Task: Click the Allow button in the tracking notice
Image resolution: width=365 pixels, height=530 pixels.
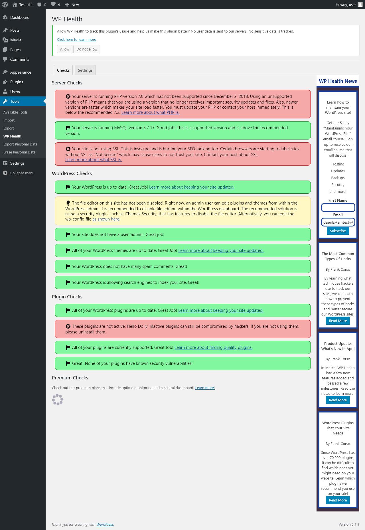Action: click(65, 49)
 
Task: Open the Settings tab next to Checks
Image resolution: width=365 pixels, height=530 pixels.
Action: click(85, 70)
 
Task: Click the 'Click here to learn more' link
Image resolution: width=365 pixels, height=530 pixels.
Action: click(76, 40)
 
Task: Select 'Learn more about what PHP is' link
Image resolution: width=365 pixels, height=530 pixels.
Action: click(150, 112)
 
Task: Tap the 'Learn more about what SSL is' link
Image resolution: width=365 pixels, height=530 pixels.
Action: click(94, 160)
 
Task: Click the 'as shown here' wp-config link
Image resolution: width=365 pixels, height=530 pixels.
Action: click(106, 219)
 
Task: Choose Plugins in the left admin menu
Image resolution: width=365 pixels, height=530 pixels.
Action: click(17, 82)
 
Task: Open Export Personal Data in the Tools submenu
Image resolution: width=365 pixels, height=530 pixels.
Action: click(20, 144)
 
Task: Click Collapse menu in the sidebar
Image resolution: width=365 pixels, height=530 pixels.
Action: click(22, 173)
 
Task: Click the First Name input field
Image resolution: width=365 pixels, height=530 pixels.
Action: click(338, 207)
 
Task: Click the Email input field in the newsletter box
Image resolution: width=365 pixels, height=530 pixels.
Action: click(338, 222)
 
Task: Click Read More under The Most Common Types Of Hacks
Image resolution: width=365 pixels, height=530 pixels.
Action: click(338, 321)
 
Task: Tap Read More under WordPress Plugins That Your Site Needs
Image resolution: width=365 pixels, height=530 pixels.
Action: click(338, 500)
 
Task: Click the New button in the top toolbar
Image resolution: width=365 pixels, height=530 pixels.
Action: click(72, 5)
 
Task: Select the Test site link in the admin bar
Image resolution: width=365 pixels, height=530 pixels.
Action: click(23, 5)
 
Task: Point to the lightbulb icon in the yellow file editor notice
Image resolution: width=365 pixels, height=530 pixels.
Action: click(68, 203)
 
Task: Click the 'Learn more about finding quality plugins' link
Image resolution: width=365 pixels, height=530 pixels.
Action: click(213, 347)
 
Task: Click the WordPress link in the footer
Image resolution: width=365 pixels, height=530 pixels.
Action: click(105, 525)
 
